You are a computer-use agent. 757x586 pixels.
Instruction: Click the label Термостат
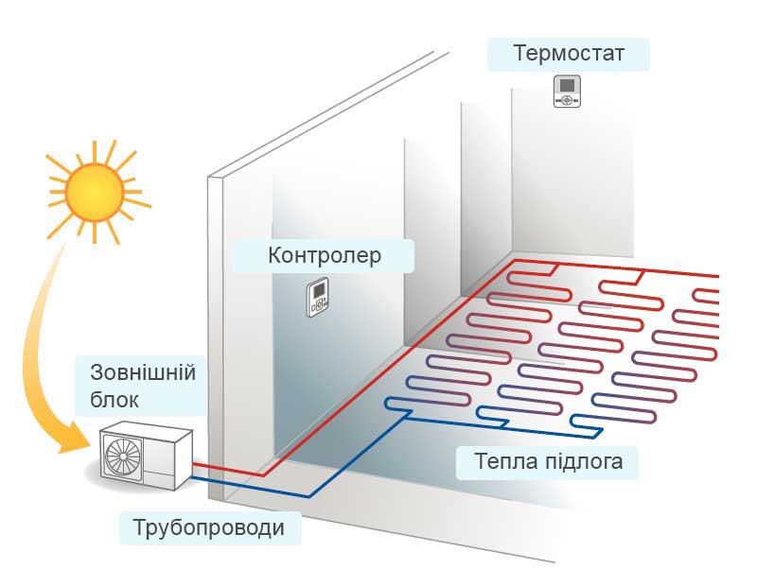[x=569, y=53]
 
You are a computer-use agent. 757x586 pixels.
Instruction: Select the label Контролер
[x=325, y=256]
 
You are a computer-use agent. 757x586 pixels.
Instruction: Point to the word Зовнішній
[x=143, y=371]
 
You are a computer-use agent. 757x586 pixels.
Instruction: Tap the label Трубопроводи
[x=209, y=527]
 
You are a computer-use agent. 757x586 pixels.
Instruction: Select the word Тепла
[x=502, y=463]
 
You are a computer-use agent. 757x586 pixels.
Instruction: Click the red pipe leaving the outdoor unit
[x=227, y=469]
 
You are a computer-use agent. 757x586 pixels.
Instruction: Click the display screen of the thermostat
[x=566, y=84]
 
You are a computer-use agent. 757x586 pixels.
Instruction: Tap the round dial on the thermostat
[x=566, y=98]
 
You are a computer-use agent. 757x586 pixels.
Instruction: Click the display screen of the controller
[x=319, y=291]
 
